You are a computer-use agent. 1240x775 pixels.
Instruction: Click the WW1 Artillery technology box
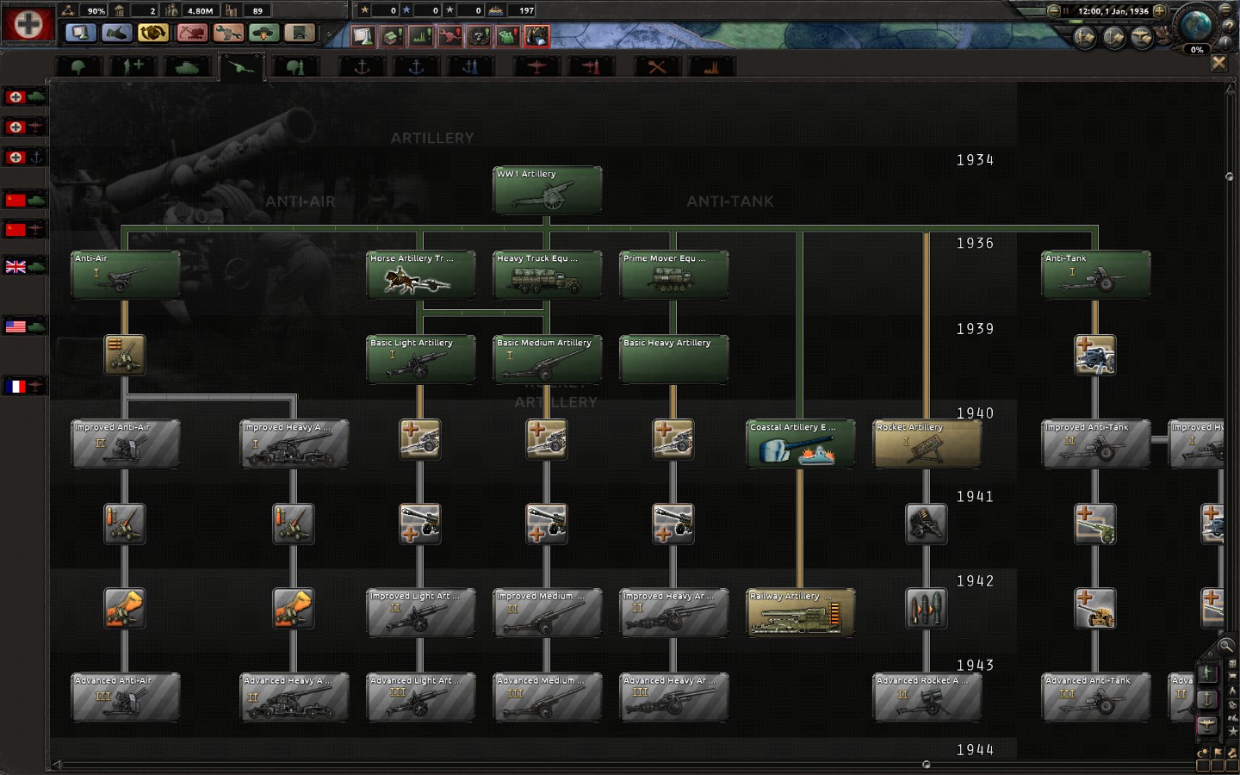coord(547,190)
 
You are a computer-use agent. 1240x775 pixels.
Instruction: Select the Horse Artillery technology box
coord(420,275)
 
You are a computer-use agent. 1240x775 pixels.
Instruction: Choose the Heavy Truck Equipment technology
coord(547,275)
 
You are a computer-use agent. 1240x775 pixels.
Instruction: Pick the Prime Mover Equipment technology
coord(673,275)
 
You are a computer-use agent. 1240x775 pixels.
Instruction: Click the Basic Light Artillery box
coord(420,359)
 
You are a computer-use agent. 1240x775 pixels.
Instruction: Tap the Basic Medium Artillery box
coord(547,359)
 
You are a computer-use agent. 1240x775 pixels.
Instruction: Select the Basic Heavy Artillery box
coord(673,359)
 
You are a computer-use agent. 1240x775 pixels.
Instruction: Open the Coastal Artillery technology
coord(800,443)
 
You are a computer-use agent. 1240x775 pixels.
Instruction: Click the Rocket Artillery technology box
coord(927,443)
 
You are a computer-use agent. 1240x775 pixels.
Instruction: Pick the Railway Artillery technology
coord(800,612)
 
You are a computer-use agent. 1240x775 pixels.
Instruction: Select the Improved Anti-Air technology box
coord(125,443)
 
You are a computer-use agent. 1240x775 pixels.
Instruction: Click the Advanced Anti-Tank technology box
coord(1095,697)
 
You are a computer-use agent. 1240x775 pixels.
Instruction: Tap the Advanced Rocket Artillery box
coord(927,697)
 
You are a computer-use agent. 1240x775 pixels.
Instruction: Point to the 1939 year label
coord(975,329)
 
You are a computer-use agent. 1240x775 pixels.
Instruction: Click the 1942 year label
coord(975,581)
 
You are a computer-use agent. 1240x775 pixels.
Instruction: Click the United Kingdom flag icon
coord(16,267)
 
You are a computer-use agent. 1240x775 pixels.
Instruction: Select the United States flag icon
coord(16,326)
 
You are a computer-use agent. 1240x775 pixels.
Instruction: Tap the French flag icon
coord(16,387)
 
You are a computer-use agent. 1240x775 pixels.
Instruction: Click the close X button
coord(1218,63)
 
